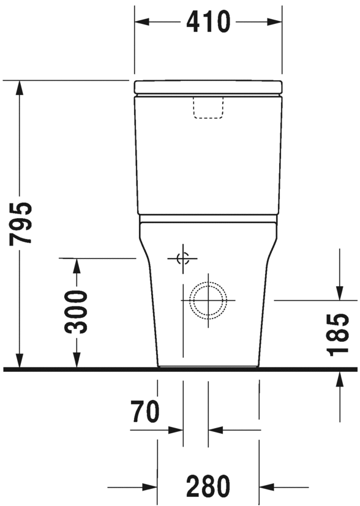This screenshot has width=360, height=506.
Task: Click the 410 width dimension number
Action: coord(208,22)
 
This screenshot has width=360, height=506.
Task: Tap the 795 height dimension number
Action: coord(21,224)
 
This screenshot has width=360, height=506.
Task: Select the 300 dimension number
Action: coord(76,312)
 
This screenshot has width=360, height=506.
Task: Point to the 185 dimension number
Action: coord(338,334)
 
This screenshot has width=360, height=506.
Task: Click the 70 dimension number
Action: coord(145,412)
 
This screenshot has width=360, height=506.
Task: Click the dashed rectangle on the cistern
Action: coord(208,107)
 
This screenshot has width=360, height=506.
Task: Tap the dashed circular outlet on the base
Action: coord(208,300)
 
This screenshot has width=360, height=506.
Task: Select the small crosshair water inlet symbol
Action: coord(182,259)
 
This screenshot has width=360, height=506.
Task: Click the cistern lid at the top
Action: coord(208,86)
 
